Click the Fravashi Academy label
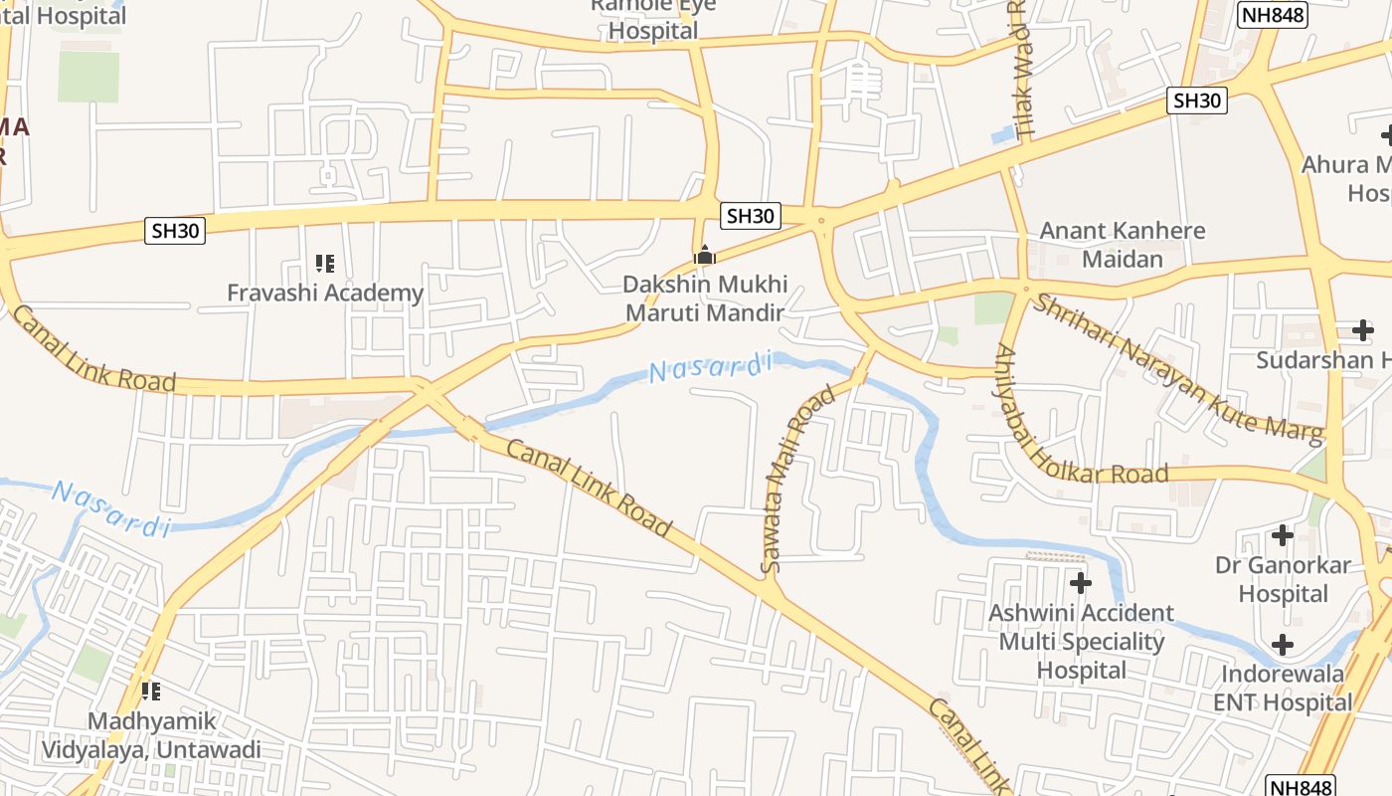point(325,294)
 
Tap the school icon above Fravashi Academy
point(325,264)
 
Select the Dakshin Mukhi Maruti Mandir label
point(705,298)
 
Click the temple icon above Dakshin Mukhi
point(705,256)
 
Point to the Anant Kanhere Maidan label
point(1122,245)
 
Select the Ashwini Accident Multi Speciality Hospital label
point(1081,642)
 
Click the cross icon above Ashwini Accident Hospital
point(1081,582)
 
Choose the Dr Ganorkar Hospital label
point(1284,580)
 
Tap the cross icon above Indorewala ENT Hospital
point(1284,645)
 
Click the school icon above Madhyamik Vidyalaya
point(151,691)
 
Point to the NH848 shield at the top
point(1273,15)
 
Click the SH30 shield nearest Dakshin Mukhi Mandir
point(750,216)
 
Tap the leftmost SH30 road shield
point(176,232)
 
